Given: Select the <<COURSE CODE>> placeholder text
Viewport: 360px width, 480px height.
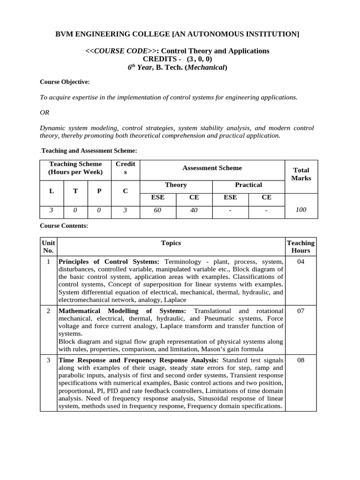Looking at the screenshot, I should click(x=122, y=51).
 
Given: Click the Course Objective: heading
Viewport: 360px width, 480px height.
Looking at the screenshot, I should click(x=65, y=82).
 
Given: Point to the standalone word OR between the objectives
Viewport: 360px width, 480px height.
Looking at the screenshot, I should click(x=45, y=112).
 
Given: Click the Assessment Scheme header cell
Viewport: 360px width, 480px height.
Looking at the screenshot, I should click(x=212, y=168).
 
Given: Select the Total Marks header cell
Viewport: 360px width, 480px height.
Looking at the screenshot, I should click(x=301, y=174).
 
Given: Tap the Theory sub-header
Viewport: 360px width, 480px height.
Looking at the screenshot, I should click(x=176, y=185).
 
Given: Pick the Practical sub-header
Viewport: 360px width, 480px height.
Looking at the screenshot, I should click(x=248, y=185).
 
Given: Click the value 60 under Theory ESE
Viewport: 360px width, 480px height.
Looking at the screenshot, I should click(x=157, y=210).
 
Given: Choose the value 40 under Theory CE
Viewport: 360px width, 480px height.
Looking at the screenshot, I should click(x=194, y=210).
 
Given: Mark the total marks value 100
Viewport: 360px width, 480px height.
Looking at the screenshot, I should click(x=301, y=210).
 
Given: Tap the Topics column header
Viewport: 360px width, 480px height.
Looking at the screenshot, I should click(x=171, y=243).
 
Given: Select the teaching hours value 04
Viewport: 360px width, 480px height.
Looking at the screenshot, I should click(x=300, y=262).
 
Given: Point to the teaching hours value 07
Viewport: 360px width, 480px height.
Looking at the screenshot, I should click(x=300, y=311).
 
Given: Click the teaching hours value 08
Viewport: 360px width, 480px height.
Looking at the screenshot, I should click(x=300, y=360).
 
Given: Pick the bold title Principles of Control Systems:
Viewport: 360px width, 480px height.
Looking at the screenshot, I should click(x=109, y=262).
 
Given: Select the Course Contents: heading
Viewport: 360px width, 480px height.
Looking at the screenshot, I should click(x=64, y=225).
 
